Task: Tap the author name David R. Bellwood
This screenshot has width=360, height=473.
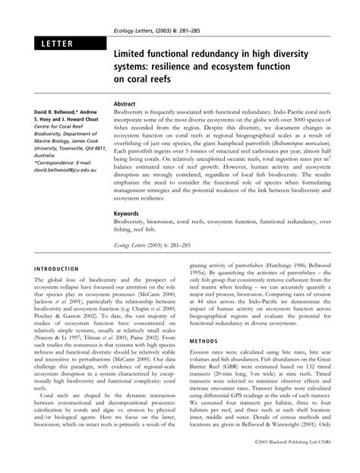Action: click(x=49, y=112)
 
